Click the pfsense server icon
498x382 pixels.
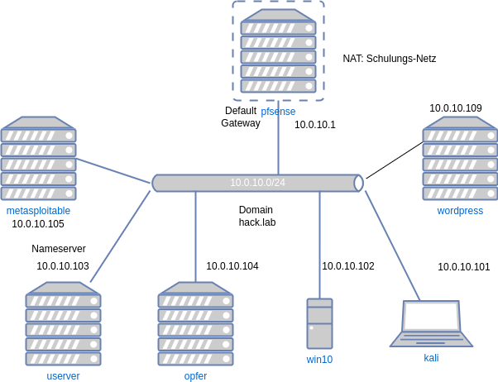[278, 50]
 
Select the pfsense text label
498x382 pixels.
[278, 112]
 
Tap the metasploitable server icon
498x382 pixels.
[38, 158]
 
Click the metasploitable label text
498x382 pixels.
[38, 211]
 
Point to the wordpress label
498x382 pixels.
[460, 211]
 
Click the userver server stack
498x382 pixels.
[63, 323]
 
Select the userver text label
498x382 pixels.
[63, 376]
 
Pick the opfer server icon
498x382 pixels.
[195, 323]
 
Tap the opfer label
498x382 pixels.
[195, 376]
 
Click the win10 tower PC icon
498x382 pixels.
[319, 323]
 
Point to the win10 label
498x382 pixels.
[319, 360]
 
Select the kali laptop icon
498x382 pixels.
[431, 323]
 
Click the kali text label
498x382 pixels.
[431, 358]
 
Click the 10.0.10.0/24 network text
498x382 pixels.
[257, 183]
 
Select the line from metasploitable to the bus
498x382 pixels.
[114, 170]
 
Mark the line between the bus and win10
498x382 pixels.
[319, 244]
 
